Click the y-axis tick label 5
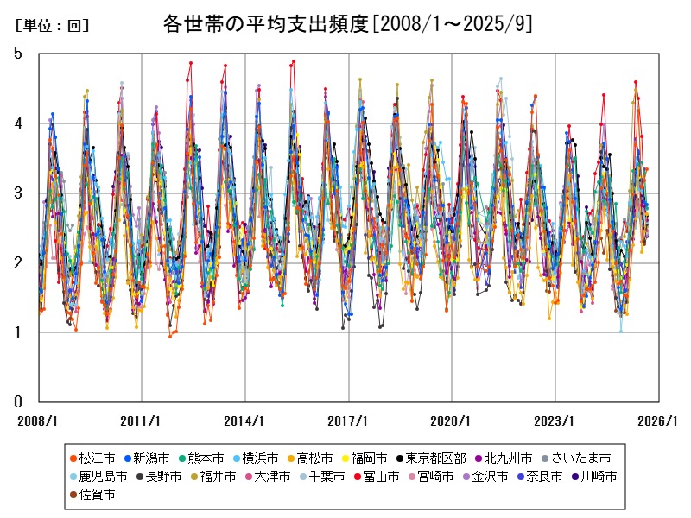(x=18, y=54)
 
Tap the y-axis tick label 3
(x=18, y=193)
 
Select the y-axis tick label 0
(x=18, y=401)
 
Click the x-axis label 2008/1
(x=39, y=421)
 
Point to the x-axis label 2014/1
(x=244, y=421)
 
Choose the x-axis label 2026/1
(x=658, y=421)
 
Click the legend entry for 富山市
(x=374, y=476)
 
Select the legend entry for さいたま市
(x=580, y=457)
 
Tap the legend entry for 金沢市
(x=483, y=476)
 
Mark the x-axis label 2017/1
(x=348, y=421)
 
